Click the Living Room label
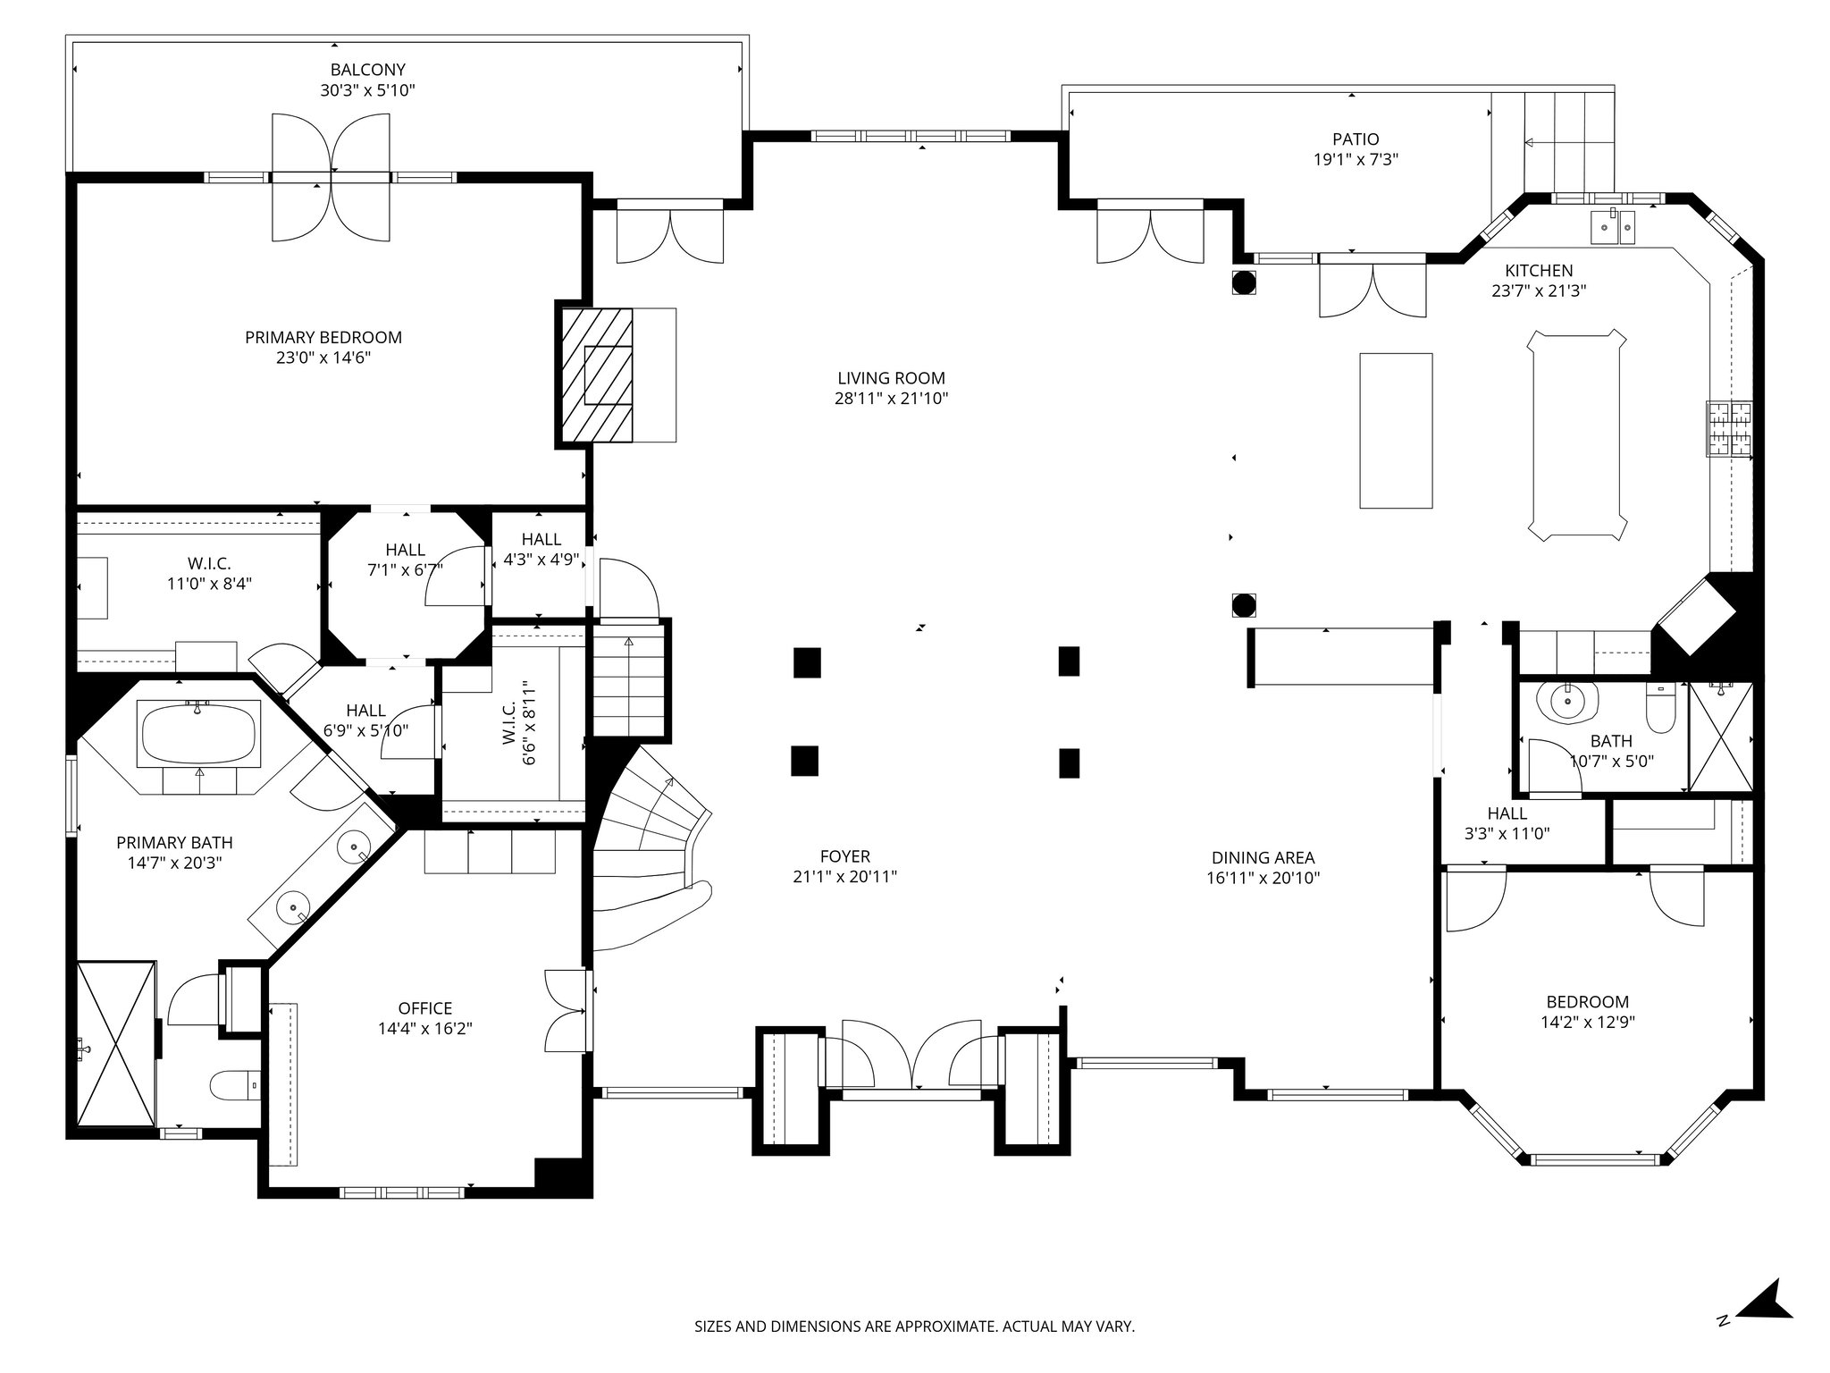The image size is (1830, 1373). click(x=891, y=378)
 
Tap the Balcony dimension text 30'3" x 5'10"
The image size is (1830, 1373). click(x=367, y=90)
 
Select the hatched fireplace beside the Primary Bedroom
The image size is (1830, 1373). click(x=596, y=375)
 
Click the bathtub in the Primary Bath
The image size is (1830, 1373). click(x=198, y=733)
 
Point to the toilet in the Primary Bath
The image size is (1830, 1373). click(x=235, y=1085)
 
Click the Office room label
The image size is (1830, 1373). click(x=425, y=1008)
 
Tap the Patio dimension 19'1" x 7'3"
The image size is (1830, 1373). click(x=1356, y=160)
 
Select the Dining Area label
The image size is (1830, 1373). click(x=1263, y=858)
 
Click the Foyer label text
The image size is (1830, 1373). click(x=844, y=856)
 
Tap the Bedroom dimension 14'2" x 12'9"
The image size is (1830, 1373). click(x=1587, y=1023)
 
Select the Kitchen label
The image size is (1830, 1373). click(x=1538, y=270)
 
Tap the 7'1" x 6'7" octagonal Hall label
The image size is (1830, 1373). click(x=405, y=569)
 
